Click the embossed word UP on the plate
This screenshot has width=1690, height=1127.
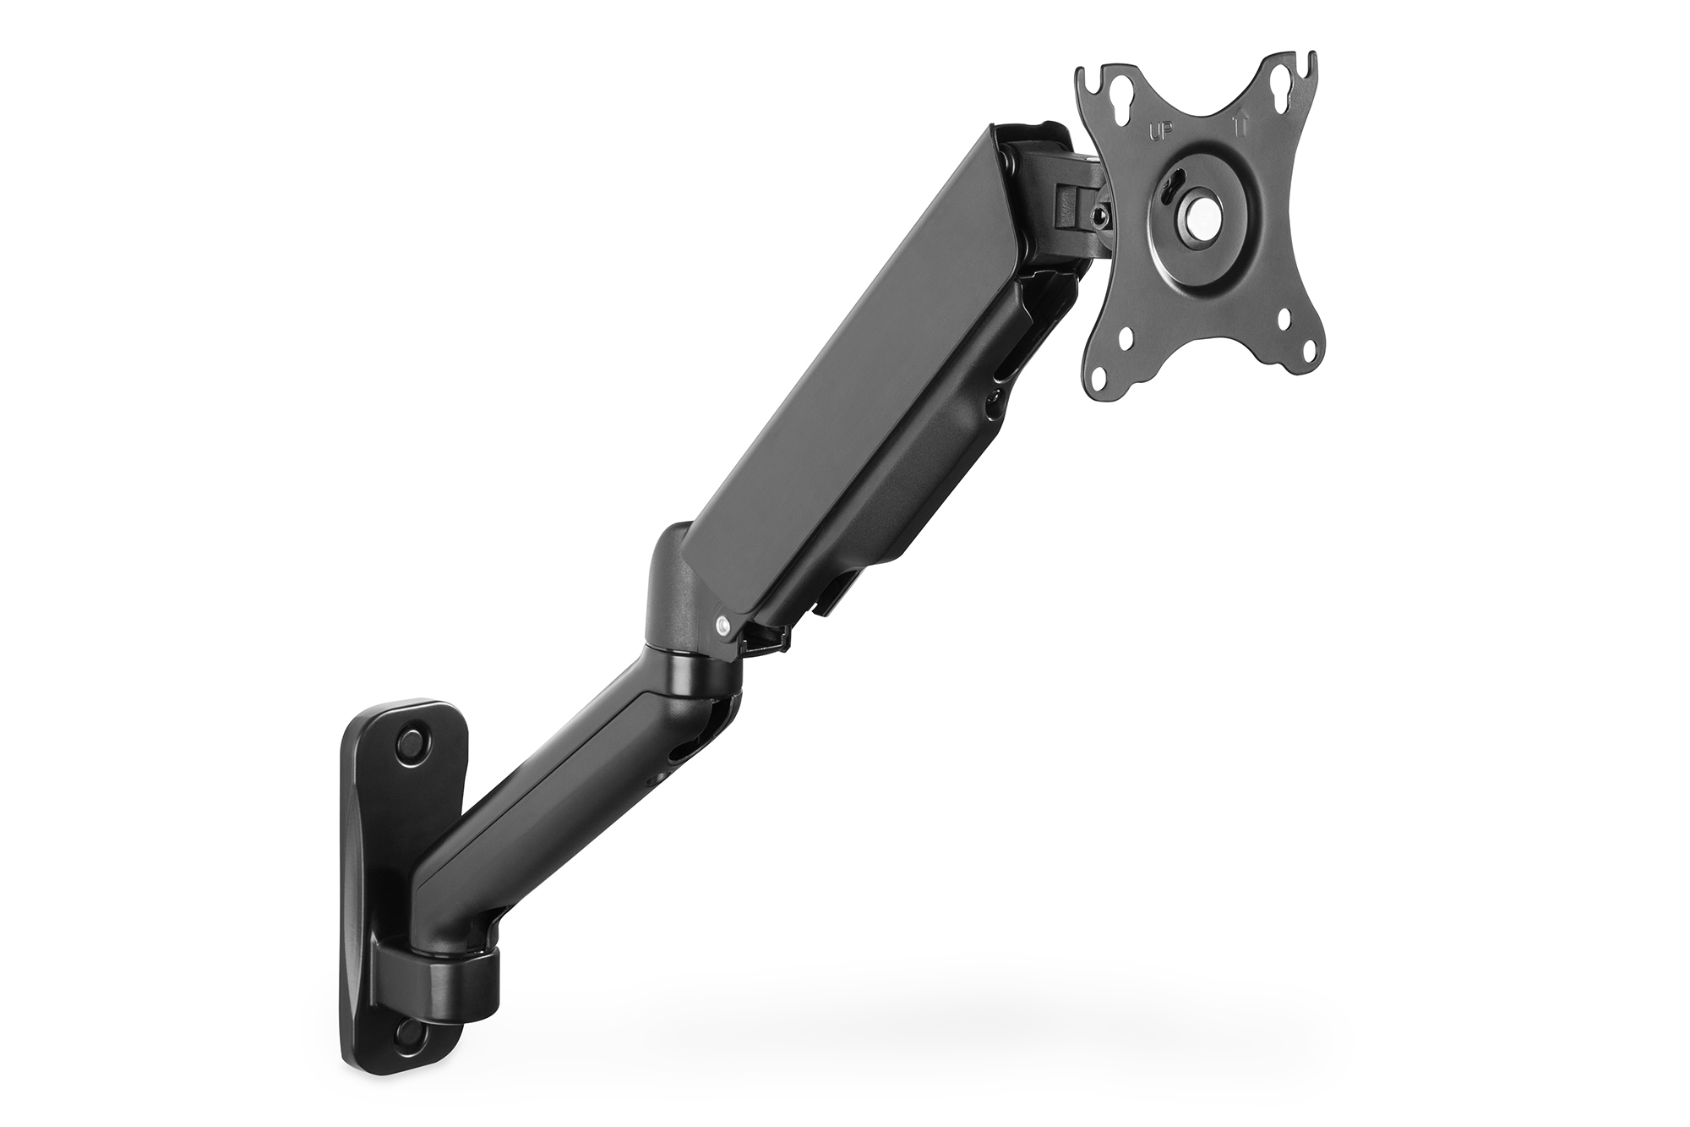(1158, 132)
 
